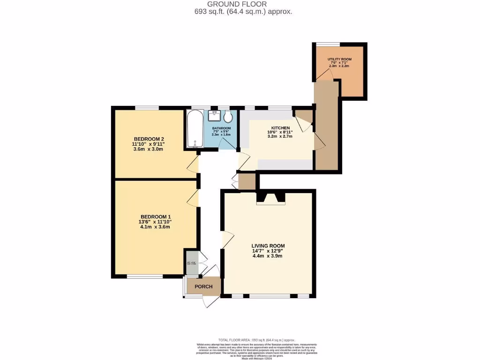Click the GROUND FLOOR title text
[243, 4]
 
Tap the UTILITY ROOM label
[339, 60]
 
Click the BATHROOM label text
[221, 128]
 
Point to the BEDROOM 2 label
[149, 139]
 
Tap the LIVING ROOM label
[268, 246]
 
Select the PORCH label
[203, 286]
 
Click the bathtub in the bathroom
[194, 128]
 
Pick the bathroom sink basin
[215, 114]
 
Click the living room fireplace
[271, 199]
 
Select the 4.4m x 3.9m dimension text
[268, 256]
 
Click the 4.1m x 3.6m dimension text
[155, 227]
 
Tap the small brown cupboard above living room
[247, 181]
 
